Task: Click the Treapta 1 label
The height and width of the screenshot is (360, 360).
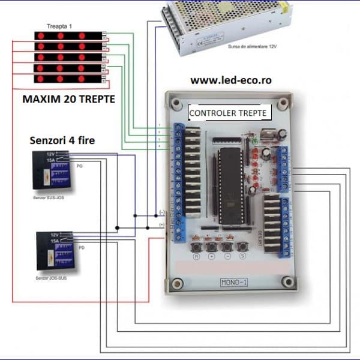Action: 59,26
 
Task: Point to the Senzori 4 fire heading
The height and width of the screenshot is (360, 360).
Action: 62,141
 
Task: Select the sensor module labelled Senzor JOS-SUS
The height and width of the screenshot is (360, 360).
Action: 56,249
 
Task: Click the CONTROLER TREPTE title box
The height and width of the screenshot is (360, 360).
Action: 228,112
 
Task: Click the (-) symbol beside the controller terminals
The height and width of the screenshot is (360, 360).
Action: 162,212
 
